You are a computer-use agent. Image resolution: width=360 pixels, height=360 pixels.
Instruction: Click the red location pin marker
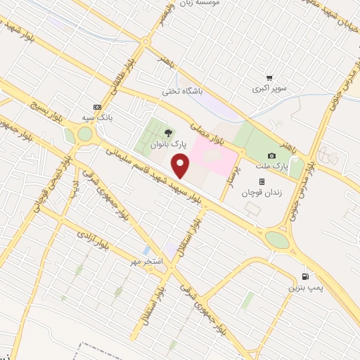click(181, 167)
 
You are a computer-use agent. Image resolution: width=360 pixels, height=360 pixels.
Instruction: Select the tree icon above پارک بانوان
click(167, 131)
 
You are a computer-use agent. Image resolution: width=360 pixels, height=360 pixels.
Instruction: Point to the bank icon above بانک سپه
click(97, 104)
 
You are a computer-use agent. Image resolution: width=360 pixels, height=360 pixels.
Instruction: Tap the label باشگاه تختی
click(182, 91)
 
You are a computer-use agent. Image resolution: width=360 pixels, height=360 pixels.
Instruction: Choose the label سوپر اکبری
click(271, 90)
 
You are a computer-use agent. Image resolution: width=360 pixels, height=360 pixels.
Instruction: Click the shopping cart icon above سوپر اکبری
click(269, 78)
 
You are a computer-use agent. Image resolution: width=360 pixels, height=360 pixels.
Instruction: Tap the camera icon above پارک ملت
click(271, 155)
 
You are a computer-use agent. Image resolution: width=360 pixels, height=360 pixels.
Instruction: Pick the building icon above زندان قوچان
click(262, 181)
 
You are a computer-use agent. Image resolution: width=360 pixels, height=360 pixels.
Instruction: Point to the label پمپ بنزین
click(303, 288)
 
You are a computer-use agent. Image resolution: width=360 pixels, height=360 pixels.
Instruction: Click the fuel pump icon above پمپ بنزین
click(304, 276)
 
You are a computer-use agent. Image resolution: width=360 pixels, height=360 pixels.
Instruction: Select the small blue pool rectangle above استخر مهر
click(146, 250)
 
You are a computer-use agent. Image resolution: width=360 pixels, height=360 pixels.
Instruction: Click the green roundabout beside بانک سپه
click(84, 134)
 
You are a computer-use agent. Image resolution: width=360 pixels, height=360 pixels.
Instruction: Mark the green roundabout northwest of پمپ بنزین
click(277, 240)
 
